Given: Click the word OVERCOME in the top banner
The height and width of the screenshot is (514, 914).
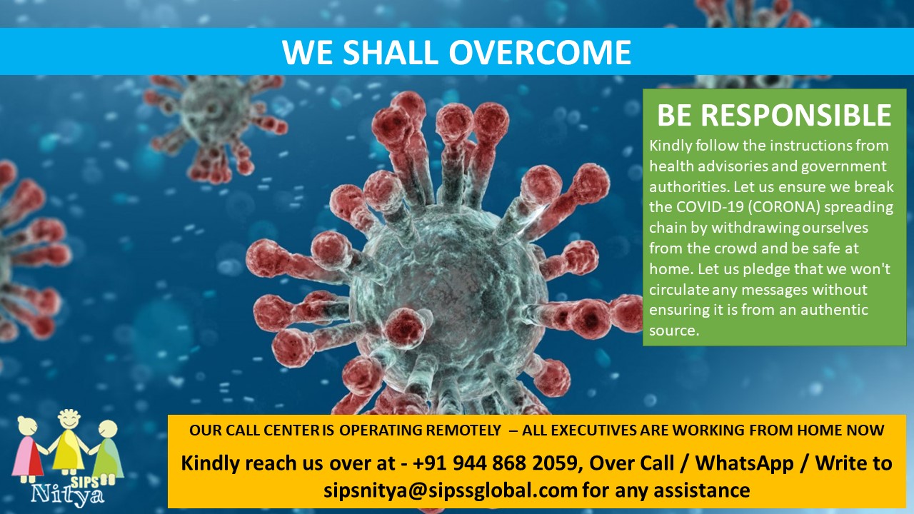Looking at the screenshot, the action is (540, 52).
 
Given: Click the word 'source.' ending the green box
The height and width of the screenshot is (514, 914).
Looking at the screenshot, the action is (674, 331).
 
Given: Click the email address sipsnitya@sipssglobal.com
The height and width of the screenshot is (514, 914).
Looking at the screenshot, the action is (451, 490).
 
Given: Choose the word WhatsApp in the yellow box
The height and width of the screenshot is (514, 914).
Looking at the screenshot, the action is (744, 463).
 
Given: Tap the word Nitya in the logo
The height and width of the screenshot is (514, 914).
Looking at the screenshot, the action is (68, 495).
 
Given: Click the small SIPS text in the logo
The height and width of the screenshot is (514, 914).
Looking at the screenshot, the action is (85, 481).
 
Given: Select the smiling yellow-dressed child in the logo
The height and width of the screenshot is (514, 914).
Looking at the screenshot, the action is (69, 443).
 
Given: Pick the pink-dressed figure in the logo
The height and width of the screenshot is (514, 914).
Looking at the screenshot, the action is (29, 449).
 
